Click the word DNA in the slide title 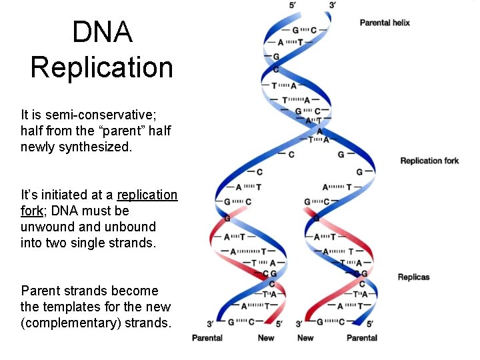click(x=101, y=32)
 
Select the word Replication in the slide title click(x=101, y=68)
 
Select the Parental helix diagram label click(x=385, y=23)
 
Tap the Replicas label click(x=413, y=277)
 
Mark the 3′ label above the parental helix click(x=333, y=5)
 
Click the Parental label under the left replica click(x=207, y=338)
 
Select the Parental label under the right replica click(x=361, y=338)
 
